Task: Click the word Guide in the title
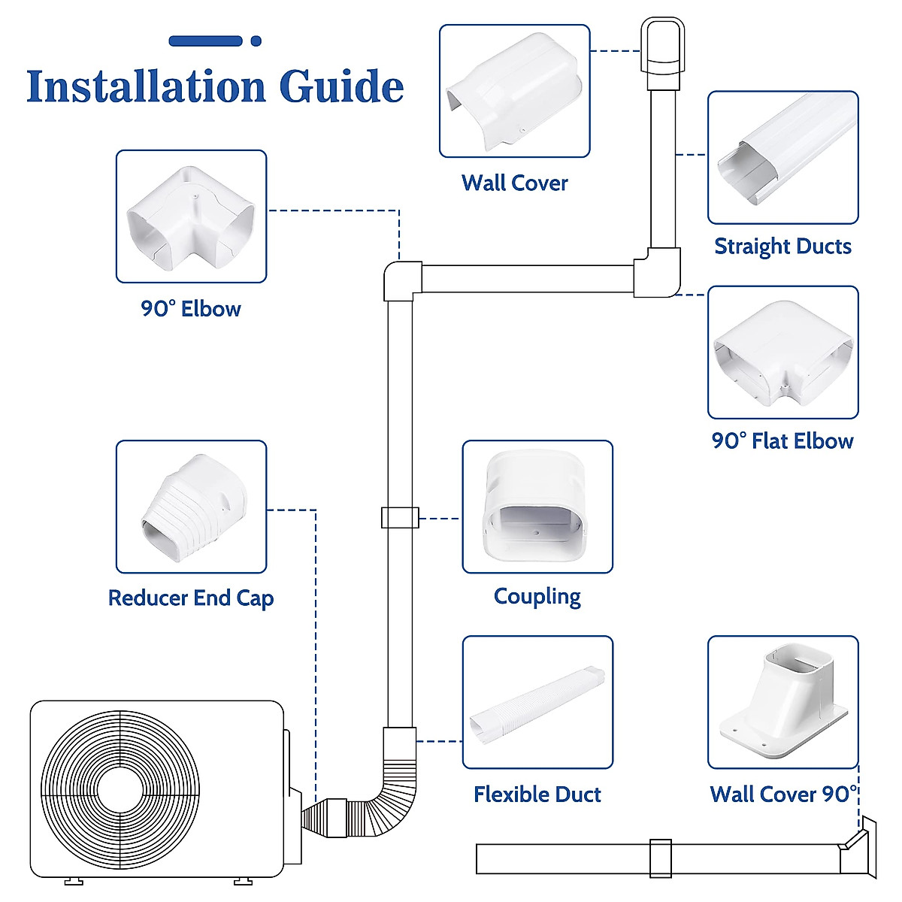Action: tap(341, 87)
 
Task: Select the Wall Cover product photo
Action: tap(514, 91)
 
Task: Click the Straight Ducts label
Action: tap(782, 247)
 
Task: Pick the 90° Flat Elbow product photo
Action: tap(782, 352)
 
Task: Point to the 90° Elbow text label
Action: tap(191, 309)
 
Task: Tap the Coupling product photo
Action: tap(537, 507)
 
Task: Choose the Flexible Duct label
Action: tap(537, 795)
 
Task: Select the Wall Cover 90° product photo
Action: tap(782, 702)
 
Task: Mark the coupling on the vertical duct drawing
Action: tap(400, 518)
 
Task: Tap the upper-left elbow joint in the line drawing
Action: tap(400, 280)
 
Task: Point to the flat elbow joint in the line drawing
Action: tap(657, 274)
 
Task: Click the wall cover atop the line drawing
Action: tap(662, 47)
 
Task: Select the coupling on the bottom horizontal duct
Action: tap(660, 858)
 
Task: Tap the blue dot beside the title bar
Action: tap(256, 41)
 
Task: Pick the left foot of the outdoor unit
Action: tap(73, 880)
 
